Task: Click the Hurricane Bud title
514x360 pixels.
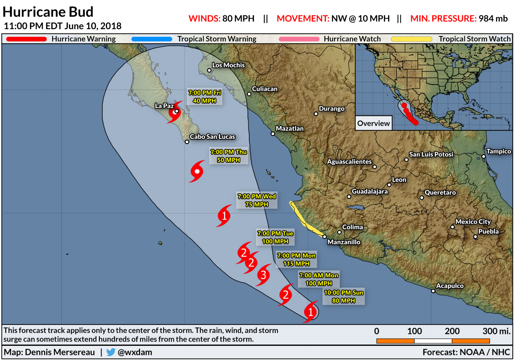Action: [x=48, y=12]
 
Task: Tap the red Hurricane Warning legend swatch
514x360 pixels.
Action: [x=26, y=39]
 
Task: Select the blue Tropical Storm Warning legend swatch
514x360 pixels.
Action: [x=152, y=39]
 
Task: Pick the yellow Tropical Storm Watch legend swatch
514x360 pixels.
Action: [x=412, y=39]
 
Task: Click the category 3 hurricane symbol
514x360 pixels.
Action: [x=264, y=275]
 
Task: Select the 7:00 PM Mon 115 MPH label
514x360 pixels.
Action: [x=296, y=259]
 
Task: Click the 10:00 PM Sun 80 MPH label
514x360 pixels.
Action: [x=343, y=297]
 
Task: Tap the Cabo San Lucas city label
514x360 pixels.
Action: [x=212, y=137]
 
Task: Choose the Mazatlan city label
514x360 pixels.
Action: [x=290, y=129]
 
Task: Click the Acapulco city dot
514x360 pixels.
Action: [x=433, y=291]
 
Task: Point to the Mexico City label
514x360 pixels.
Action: [x=473, y=222]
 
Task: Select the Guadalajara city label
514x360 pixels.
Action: [x=370, y=192]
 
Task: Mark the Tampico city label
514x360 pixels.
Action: [x=499, y=151]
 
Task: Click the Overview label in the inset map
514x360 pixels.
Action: [x=374, y=123]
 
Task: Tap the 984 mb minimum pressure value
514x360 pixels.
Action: [x=495, y=18]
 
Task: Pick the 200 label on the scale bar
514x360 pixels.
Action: [x=452, y=331]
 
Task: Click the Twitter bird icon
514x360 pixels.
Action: [x=111, y=352]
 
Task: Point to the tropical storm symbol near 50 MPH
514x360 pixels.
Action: [x=197, y=172]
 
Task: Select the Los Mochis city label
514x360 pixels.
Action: [x=229, y=65]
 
